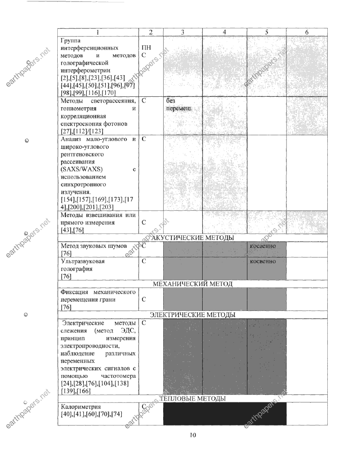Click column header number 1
(x=98, y=32)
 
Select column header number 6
(x=307, y=32)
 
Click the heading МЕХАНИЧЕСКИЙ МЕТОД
(x=193, y=284)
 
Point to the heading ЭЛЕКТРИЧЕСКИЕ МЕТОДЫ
(x=193, y=315)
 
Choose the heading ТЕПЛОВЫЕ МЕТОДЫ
(x=193, y=399)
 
